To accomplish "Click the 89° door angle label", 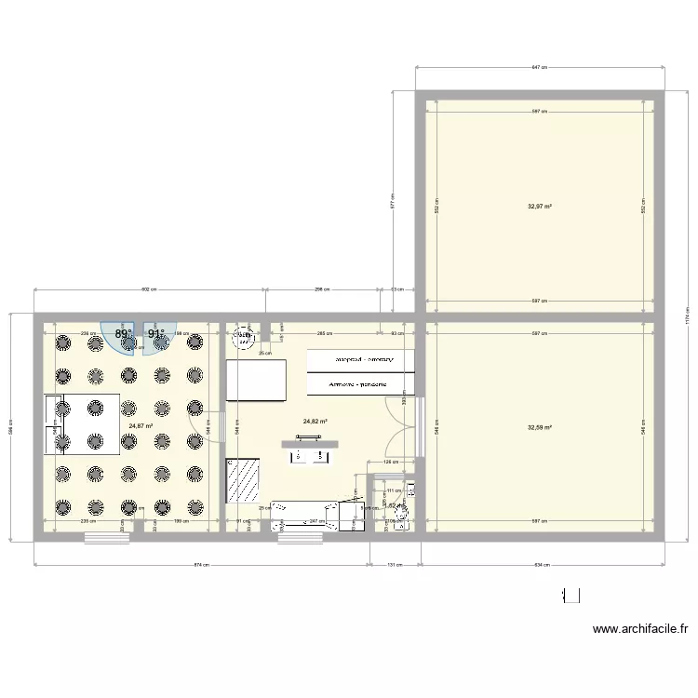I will coord(123,333).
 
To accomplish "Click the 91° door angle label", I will coord(155,333).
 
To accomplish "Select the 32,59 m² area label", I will coord(540,428).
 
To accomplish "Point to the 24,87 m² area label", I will coord(141,426).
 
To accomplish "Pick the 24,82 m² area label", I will coord(315,421).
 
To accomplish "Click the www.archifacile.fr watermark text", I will coord(640,630).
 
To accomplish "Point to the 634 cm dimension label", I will coord(544,564).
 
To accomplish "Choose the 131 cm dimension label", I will coord(396,564).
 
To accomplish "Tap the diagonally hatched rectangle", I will coord(244,479).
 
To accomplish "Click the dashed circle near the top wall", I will coord(246,335).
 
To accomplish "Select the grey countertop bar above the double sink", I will coord(311,443).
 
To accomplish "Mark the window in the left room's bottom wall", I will coord(106,538).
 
